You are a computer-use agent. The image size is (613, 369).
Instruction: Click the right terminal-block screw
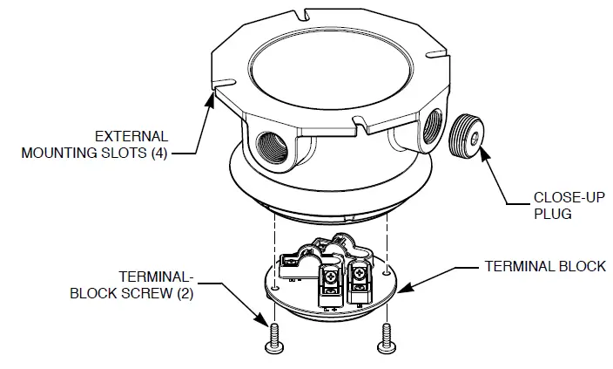pos(385,339)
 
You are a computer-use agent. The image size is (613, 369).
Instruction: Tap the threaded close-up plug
pos(466,135)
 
